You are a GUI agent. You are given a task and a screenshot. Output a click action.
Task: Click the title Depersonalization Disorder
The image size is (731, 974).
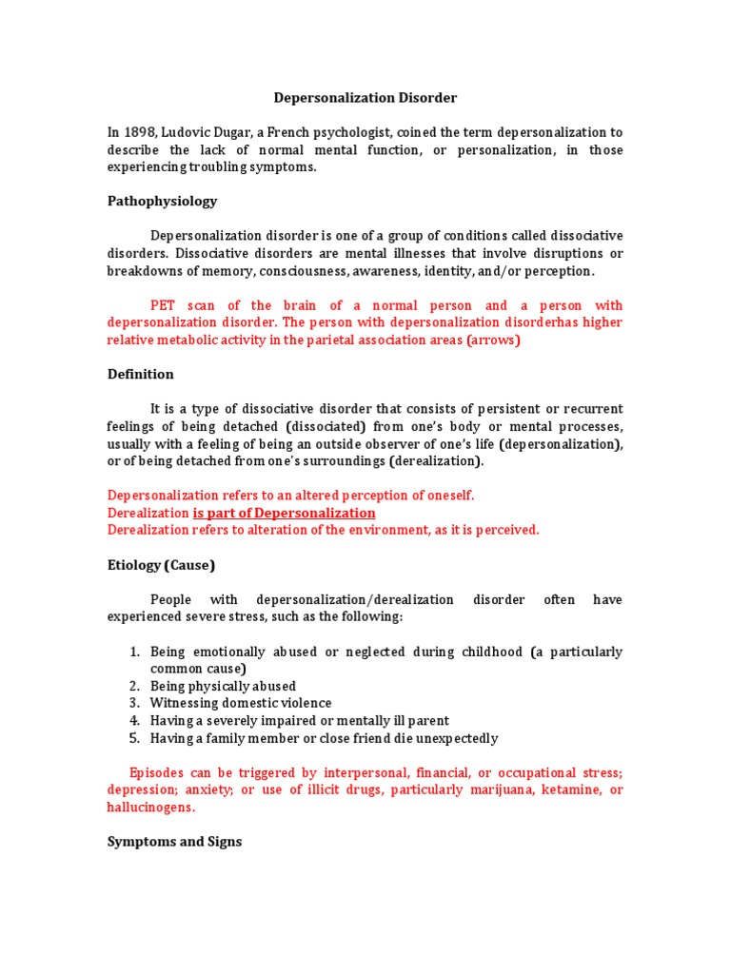[365, 98]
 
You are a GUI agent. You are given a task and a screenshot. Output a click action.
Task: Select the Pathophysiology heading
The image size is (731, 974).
[162, 202]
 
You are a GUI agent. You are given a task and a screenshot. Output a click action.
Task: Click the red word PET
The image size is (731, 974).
[164, 305]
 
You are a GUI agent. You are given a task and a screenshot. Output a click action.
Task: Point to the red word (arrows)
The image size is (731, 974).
[493, 340]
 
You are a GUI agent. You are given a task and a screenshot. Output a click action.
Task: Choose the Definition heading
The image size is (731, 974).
[140, 375]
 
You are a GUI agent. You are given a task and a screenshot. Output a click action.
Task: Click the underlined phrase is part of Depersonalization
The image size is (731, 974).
[284, 513]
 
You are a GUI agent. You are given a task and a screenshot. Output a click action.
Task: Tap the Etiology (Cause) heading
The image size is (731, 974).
[161, 565]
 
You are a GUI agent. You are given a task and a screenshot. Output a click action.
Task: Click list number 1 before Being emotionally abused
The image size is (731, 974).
[134, 652]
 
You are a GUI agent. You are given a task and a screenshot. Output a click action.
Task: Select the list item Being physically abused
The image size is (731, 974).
[223, 686]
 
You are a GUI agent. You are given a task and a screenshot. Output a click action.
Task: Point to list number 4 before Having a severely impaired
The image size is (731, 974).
[134, 721]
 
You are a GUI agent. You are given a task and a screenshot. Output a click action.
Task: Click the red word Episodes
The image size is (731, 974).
[157, 772]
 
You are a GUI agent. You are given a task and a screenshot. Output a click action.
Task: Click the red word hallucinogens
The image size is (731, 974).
[149, 807]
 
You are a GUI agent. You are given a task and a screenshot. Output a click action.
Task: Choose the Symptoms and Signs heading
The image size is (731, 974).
[174, 842]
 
